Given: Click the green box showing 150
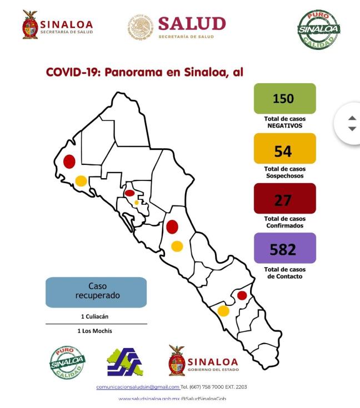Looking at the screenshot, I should (x=284, y=99).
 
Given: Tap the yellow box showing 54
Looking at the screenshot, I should (x=284, y=149).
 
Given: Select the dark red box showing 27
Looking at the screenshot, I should (x=284, y=199).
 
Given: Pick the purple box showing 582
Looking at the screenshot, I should (x=284, y=248).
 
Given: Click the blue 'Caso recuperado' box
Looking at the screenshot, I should (x=96, y=292).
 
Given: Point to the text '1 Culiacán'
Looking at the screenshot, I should (x=96, y=316).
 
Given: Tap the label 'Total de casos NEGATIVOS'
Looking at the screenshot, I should (x=284, y=122).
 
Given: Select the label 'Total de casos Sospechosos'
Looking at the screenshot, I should (x=284, y=172).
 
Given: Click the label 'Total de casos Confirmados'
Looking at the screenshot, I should (x=284, y=222).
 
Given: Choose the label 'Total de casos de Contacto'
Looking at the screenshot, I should (x=284, y=273).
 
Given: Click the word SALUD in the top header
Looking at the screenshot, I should (x=192, y=23).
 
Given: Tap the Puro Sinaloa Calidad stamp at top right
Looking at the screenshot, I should (x=318, y=29).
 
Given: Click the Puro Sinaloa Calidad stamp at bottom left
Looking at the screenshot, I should (x=67, y=362).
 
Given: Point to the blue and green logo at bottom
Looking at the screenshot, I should (x=124, y=362).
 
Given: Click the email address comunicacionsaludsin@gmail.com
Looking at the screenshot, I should (x=138, y=387).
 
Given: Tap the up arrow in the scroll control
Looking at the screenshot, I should (x=352, y=118).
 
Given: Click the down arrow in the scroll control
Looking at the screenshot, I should (x=352, y=129).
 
